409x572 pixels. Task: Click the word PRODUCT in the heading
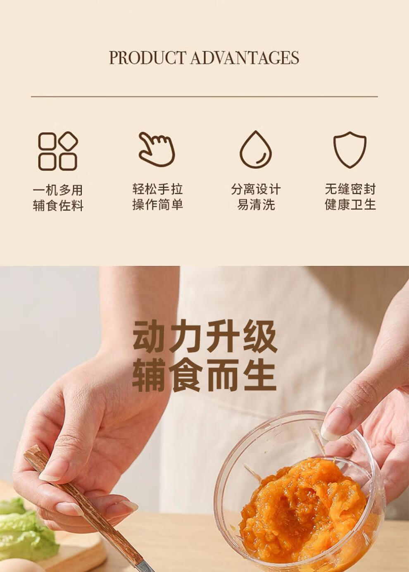[147, 58]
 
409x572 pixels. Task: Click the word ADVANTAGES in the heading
[245, 58]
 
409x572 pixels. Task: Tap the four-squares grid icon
[58, 151]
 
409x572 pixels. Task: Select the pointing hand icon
[157, 149]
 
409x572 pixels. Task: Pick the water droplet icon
[256, 149]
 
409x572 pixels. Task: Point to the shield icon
[350, 150]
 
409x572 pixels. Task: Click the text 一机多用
[58, 190]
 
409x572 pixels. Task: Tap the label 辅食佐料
[58, 206]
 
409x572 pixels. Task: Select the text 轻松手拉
[157, 189]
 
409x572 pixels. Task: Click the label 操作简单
[157, 205]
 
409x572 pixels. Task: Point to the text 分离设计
[256, 189]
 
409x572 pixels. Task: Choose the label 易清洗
[256, 205]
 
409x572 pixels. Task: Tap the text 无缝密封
[350, 189]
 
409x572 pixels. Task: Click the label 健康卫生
[350, 205]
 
